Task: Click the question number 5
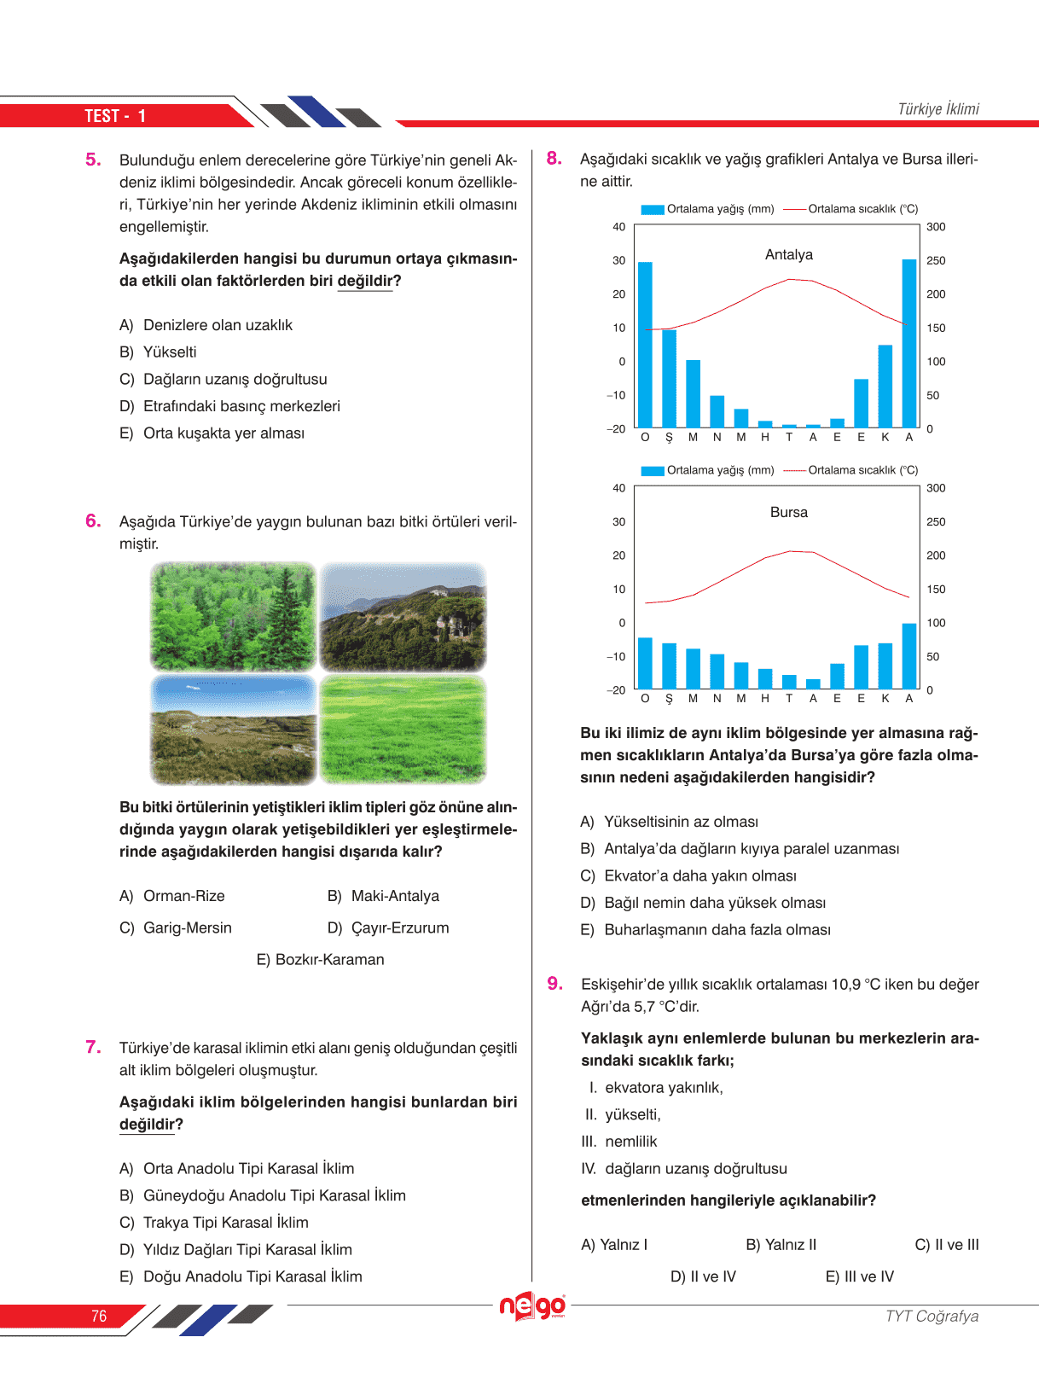pyautogui.click(x=93, y=160)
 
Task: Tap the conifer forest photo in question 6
pyautogui.click(x=233, y=616)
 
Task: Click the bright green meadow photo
pyautogui.click(x=403, y=730)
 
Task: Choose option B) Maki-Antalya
pyautogui.click(x=383, y=896)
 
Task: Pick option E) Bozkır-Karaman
pyautogui.click(x=320, y=960)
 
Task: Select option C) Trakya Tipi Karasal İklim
pyautogui.click(x=214, y=1223)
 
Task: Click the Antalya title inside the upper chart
pyautogui.click(x=789, y=254)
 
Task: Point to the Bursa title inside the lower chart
pyautogui.click(x=789, y=512)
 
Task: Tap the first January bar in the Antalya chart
pyautogui.click(x=645, y=345)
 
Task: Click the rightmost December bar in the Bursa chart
pyautogui.click(x=909, y=655)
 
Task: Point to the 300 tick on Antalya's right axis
pyautogui.click(x=936, y=227)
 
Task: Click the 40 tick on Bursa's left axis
pyautogui.click(x=618, y=488)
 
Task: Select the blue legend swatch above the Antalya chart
pyautogui.click(x=653, y=209)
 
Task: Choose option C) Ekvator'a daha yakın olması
pyautogui.click(x=688, y=876)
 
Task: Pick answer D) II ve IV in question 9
pyautogui.click(x=703, y=1276)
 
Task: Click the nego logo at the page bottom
pyautogui.click(x=532, y=1305)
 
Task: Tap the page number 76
pyautogui.click(x=99, y=1316)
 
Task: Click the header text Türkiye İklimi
pyautogui.click(x=938, y=109)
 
